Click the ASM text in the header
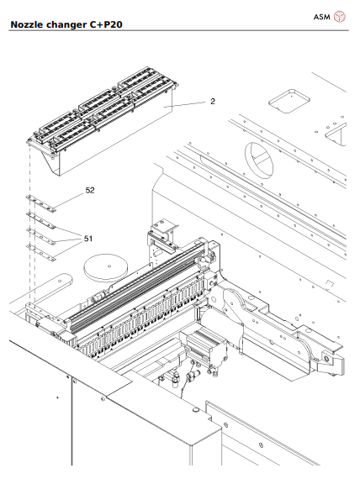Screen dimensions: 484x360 click(x=322, y=15)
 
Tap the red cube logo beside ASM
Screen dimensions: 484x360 click(x=341, y=15)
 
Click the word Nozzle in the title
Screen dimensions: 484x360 click(x=28, y=25)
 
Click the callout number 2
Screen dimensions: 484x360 click(x=213, y=101)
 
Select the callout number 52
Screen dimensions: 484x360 click(x=89, y=191)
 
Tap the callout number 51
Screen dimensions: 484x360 click(x=88, y=238)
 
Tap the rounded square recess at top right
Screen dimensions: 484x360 click(x=289, y=102)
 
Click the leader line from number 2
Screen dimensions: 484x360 click(x=189, y=104)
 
